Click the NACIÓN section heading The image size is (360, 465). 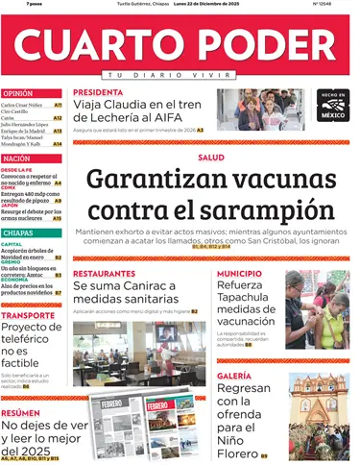coord(16,158)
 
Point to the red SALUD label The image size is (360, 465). coord(211,157)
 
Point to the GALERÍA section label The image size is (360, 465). coord(234,376)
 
